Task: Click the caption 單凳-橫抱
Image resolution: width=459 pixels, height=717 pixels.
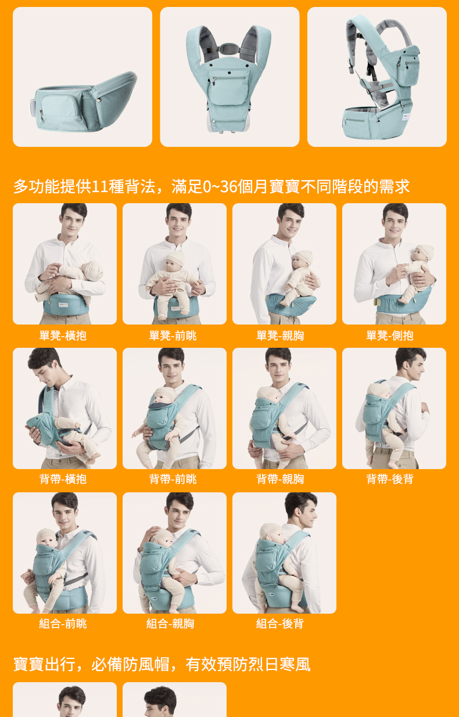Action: click(x=63, y=336)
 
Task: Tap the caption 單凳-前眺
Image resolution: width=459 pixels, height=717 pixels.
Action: click(x=173, y=336)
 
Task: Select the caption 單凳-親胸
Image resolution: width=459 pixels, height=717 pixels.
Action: click(x=280, y=336)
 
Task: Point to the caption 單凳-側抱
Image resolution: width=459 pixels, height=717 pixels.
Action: click(x=390, y=336)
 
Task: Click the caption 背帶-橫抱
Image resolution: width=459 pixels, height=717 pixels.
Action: click(x=63, y=479)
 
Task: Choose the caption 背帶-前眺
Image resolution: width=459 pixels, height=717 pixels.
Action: click(x=173, y=479)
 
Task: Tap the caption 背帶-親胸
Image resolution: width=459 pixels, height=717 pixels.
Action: click(x=280, y=479)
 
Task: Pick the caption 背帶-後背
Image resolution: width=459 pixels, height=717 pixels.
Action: click(x=390, y=479)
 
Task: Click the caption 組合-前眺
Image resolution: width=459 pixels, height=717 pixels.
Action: click(x=63, y=624)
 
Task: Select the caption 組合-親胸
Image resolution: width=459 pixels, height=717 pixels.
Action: click(x=170, y=624)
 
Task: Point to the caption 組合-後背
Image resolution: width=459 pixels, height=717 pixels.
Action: click(x=280, y=624)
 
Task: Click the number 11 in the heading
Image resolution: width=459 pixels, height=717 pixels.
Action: click(x=100, y=186)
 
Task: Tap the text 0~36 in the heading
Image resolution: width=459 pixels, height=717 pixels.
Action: click(x=220, y=186)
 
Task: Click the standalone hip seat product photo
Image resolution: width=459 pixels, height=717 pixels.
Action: click(x=83, y=77)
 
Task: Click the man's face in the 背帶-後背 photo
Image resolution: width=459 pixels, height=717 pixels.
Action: click(x=416, y=366)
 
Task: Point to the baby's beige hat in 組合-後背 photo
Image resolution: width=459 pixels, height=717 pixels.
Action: click(x=271, y=531)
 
